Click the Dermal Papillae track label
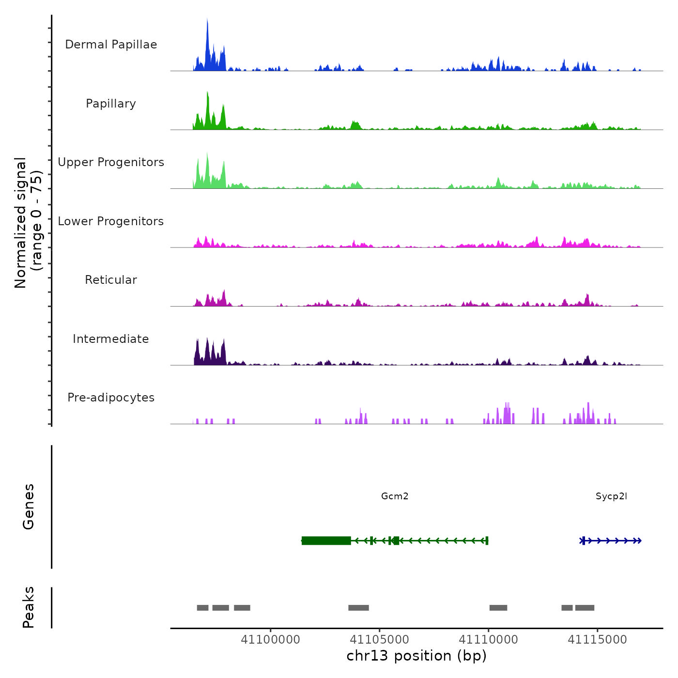(x=111, y=45)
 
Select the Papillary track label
(x=111, y=104)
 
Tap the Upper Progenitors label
(x=111, y=162)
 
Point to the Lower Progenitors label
(x=111, y=221)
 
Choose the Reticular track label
(x=111, y=280)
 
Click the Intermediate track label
(x=111, y=339)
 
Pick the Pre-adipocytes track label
(x=111, y=398)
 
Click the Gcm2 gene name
(x=395, y=496)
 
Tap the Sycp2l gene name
(x=611, y=496)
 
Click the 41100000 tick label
(x=270, y=640)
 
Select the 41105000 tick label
(x=379, y=640)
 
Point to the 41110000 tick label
(x=488, y=640)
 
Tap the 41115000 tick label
(x=597, y=640)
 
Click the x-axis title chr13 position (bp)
(x=416, y=656)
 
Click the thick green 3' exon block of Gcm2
(x=326, y=540)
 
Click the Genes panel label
(x=29, y=507)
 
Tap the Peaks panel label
(x=29, y=607)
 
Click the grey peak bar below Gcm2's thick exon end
(x=358, y=608)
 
